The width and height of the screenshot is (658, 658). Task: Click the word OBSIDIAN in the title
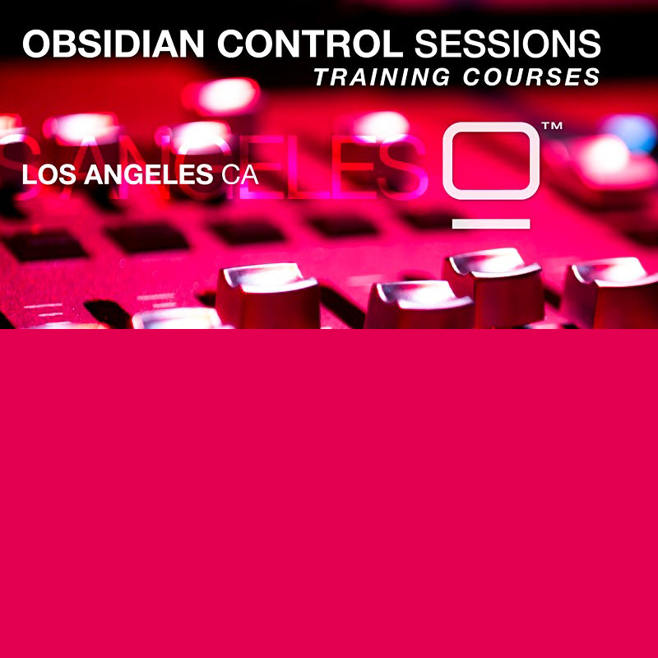[x=114, y=44]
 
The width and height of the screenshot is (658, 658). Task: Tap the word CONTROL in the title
[x=310, y=44]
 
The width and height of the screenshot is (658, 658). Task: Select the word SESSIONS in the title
[x=507, y=44]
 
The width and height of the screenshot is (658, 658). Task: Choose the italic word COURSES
[x=531, y=76]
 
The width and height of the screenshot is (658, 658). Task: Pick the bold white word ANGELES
[x=149, y=174]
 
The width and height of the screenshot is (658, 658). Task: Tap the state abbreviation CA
[x=239, y=174]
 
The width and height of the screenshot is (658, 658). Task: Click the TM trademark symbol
[x=552, y=126]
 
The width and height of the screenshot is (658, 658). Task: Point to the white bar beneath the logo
[x=491, y=224]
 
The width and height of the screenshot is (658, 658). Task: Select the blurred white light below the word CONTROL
[x=229, y=95]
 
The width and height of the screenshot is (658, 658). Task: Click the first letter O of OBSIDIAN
[x=36, y=44]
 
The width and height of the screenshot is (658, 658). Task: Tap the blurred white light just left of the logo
[x=381, y=125]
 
